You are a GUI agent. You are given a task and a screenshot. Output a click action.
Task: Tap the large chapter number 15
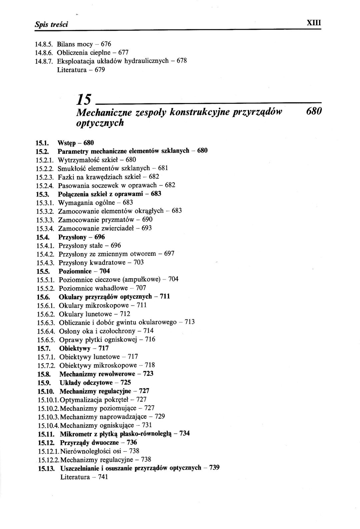(83, 99)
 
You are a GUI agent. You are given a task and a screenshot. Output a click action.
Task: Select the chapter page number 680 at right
(313, 111)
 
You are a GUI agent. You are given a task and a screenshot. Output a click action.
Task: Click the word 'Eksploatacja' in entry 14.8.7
(74, 61)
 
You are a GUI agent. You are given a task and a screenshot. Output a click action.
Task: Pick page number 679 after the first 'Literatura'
(100, 70)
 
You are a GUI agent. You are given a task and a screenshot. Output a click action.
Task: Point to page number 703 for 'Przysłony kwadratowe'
(139, 262)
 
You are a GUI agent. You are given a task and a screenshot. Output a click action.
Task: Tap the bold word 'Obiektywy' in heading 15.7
(75, 349)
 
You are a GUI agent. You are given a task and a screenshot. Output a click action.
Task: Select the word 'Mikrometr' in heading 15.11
(75, 434)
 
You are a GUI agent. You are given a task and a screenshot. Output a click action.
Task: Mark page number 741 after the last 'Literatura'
(103, 477)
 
